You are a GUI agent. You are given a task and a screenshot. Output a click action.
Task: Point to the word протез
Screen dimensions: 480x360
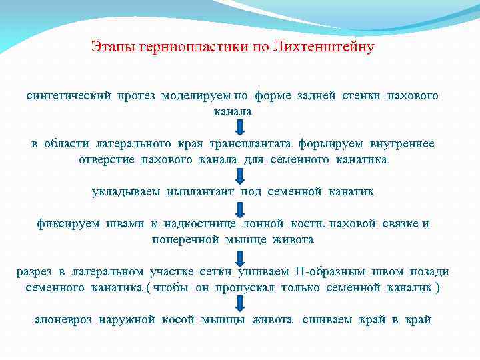click(x=137, y=96)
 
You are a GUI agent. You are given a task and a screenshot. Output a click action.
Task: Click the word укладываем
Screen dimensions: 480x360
click(x=126, y=192)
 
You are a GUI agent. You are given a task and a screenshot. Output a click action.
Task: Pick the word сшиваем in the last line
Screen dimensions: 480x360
click(x=327, y=320)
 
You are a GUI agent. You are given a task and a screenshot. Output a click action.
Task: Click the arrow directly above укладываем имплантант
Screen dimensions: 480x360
click(x=239, y=176)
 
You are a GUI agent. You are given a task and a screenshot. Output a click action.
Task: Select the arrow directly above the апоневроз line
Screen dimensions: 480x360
click(x=239, y=304)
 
